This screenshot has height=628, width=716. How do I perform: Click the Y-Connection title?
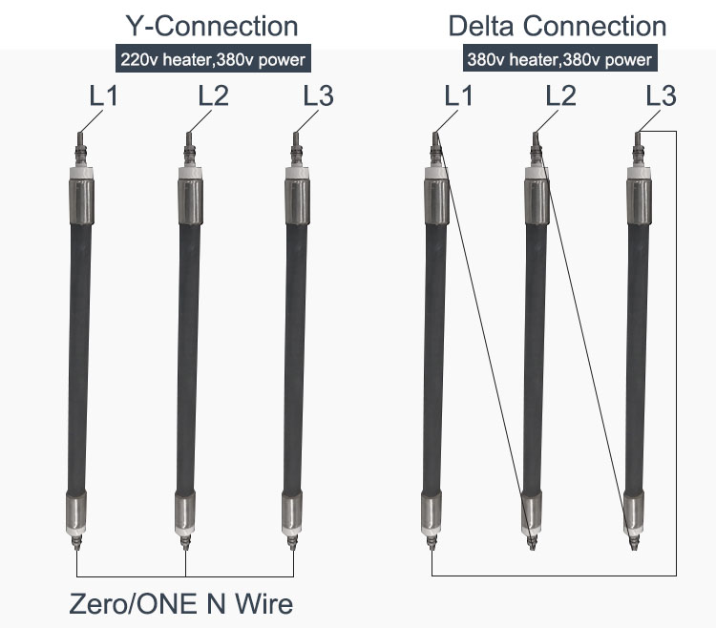tap(211, 26)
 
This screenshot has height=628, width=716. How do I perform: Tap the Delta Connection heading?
tap(558, 26)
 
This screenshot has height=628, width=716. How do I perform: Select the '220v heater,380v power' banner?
tap(213, 58)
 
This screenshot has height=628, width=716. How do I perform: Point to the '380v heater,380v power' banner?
tap(559, 58)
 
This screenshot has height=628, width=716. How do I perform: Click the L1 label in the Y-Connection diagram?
tap(104, 95)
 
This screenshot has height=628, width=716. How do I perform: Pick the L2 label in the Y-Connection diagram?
tap(213, 95)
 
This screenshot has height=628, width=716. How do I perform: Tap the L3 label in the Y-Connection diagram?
tap(319, 95)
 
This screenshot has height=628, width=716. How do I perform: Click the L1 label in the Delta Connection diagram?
tap(459, 95)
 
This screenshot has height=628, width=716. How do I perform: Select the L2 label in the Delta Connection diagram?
tap(561, 95)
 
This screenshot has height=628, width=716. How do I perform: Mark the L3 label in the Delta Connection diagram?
tap(662, 95)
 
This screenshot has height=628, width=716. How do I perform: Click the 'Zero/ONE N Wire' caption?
tap(181, 603)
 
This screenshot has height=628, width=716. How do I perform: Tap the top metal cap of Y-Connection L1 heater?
tap(82, 200)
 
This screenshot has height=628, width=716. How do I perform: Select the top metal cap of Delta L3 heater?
tap(640, 200)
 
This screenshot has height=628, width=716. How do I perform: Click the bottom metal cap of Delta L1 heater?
tap(432, 512)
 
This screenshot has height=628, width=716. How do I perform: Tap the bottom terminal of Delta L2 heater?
tap(532, 542)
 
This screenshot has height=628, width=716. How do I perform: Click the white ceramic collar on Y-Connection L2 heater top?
tap(190, 173)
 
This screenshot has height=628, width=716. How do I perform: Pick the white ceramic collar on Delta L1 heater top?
tap(436, 173)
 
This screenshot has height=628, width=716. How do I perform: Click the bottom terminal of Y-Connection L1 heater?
tap(76, 542)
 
